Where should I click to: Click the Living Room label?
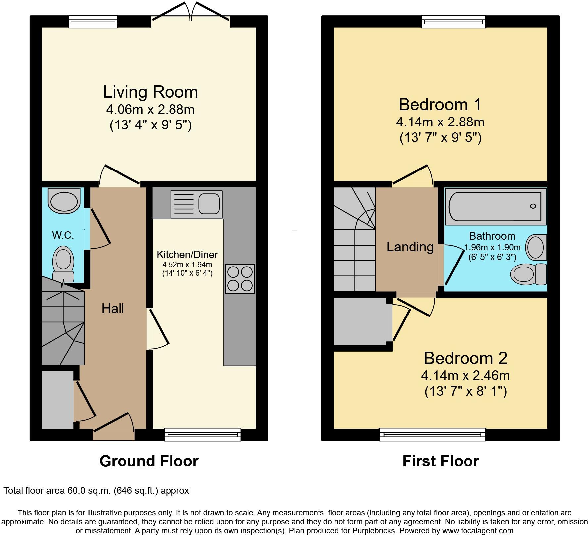[x=150, y=92]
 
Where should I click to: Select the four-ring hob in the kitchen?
[x=240, y=279]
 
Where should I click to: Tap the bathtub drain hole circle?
[x=533, y=206]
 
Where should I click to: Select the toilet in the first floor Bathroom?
[x=528, y=274]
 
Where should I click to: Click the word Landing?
[x=410, y=247]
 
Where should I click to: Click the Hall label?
[x=113, y=308]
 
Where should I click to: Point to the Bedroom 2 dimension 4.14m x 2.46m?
[x=465, y=376]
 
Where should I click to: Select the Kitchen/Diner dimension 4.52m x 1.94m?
[x=187, y=265]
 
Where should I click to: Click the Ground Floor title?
[x=149, y=461]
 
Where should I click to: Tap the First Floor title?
[x=440, y=461]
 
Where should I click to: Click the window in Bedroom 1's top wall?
[x=454, y=22]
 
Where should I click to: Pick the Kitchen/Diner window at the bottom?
[x=203, y=434]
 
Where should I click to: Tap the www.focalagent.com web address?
[x=477, y=531]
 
